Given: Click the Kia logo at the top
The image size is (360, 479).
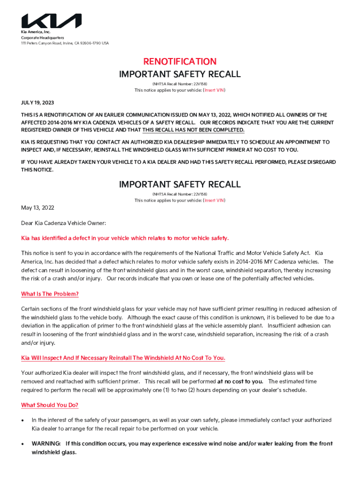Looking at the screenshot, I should [x=51, y=21].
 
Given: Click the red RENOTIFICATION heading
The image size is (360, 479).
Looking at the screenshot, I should [x=180, y=61].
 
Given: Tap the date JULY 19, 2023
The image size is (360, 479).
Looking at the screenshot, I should [x=41, y=102].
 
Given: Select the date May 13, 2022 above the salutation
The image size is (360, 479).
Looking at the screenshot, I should [x=38, y=208].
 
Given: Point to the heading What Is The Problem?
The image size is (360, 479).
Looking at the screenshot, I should [x=50, y=294].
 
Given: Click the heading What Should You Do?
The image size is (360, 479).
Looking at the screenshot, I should [x=50, y=405].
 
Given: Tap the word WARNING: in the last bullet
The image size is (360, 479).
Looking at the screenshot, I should [x=46, y=443].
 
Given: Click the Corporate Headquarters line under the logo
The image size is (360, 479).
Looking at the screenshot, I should [x=42, y=37].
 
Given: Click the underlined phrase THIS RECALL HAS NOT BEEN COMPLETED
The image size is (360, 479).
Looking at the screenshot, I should [x=193, y=130].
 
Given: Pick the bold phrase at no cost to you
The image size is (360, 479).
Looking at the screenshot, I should [x=240, y=381].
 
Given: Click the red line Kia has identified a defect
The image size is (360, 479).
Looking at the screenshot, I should [x=125, y=238].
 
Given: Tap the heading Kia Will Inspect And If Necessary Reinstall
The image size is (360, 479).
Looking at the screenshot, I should [x=123, y=358].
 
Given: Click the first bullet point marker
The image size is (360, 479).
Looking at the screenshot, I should [x=23, y=421].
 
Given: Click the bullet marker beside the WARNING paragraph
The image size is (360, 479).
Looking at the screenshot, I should [x=23, y=444].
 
